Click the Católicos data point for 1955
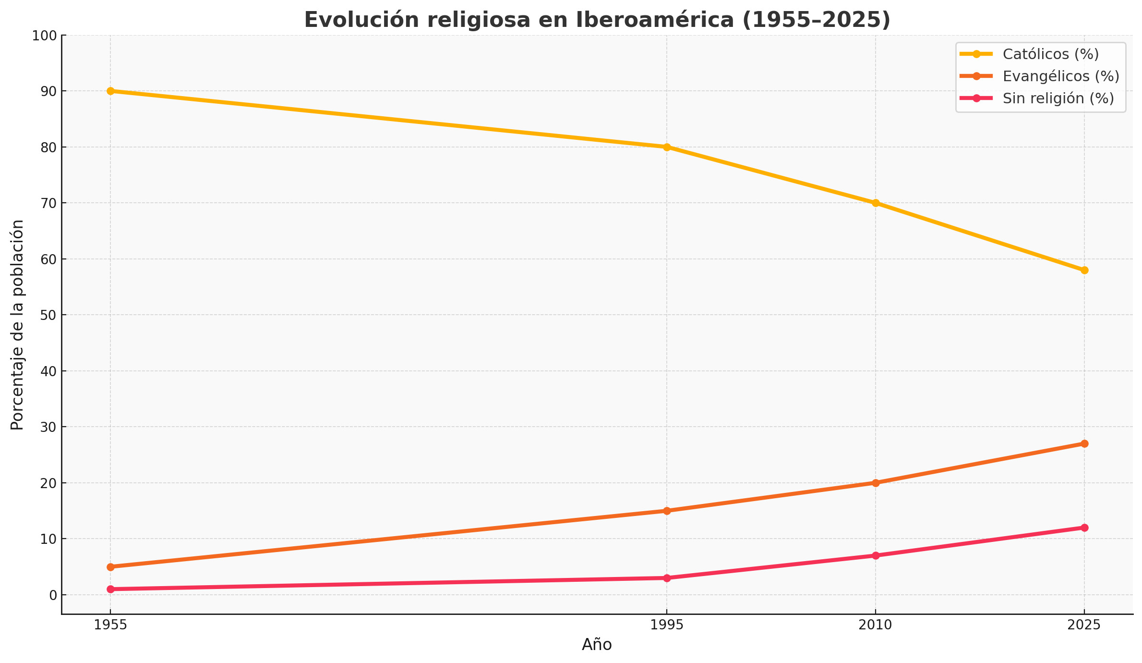[x=110, y=91]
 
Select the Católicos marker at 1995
[x=667, y=147]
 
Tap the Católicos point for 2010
[x=876, y=203]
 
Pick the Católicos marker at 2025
[x=1084, y=270]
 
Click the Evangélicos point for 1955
[x=110, y=567]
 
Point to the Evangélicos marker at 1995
[x=667, y=511]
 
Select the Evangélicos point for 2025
[x=1084, y=443]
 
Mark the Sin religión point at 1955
[x=110, y=589]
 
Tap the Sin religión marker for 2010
[x=876, y=555]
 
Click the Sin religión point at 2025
[x=1084, y=528]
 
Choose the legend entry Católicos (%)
[x=1050, y=54]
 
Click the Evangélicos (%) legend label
[x=1061, y=76]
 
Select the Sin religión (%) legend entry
[x=1058, y=98]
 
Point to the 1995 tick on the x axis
[x=667, y=625]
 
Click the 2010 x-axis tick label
[x=876, y=625]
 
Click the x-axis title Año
[x=597, y=645]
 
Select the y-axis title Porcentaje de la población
[x=17, y=325]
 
